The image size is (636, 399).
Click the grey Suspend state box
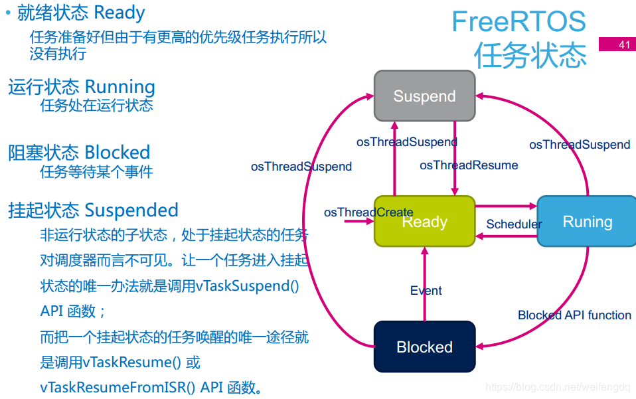[424, 96]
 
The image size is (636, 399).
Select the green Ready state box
[424, 222]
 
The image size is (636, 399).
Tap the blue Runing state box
[587, 222]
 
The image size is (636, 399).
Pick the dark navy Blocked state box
[424, 347]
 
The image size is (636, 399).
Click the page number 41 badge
[617, 44]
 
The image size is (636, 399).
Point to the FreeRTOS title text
[518, 22]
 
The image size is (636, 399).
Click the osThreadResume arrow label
[469, 165]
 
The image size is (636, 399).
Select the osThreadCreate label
[368, 212]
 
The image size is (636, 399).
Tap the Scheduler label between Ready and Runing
[513, 224]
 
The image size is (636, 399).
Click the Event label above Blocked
[426, 291]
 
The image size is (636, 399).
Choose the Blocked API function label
[574, 315]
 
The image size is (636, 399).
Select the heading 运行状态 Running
[82, 87]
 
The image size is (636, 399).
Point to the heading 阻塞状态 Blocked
[79, 152]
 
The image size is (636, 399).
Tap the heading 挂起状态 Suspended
[93, 210]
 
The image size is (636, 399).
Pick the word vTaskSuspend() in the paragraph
[247, 286]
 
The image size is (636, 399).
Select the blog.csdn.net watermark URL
[558, 387]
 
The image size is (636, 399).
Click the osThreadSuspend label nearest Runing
[579, 145]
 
